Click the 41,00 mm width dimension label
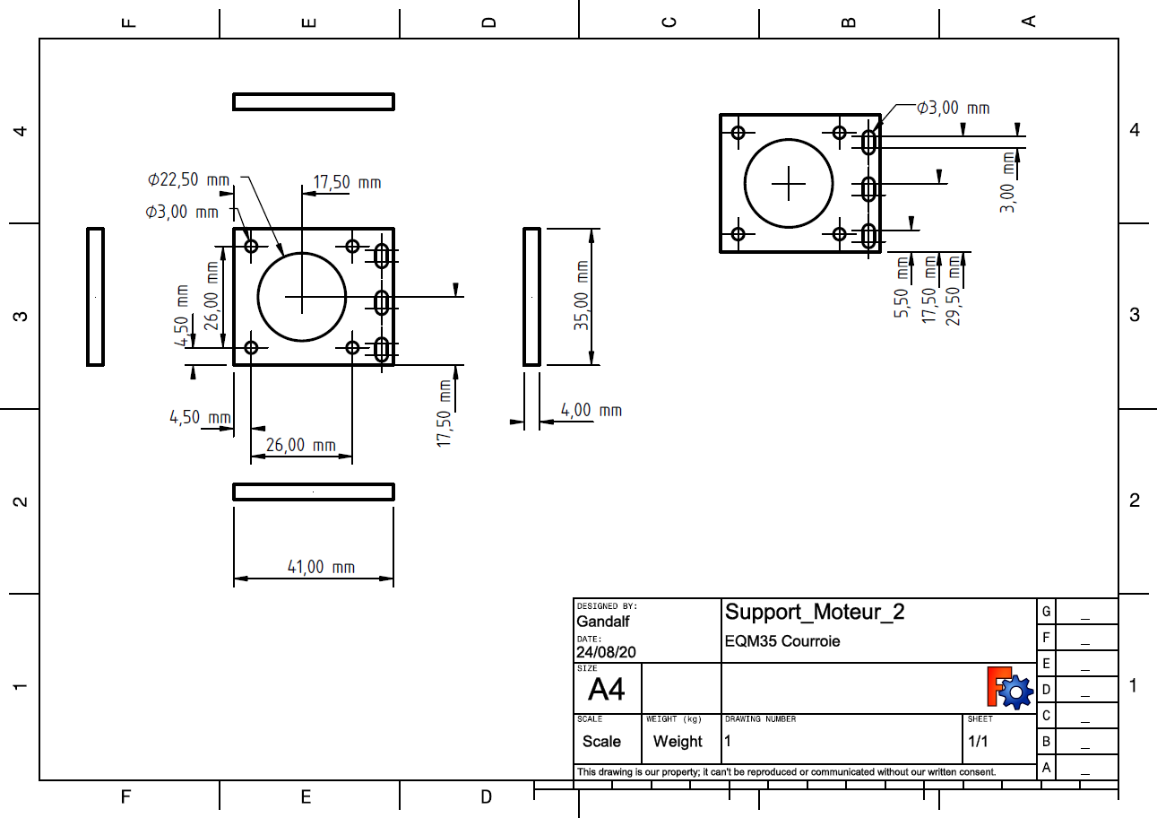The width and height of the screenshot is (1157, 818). coord(321,567)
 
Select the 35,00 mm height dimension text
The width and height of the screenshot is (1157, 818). coord(582,296)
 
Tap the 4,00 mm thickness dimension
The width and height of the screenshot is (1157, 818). coord(591,410)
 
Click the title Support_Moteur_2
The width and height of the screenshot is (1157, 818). coord(815,613)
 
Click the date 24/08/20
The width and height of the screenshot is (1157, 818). coord(606,653)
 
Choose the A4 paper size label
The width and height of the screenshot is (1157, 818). coord(607,690)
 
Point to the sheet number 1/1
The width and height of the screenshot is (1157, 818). coord(979,742)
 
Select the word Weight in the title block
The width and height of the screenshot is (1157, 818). coord(678,742)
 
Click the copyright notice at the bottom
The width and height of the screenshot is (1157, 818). coord(786,771)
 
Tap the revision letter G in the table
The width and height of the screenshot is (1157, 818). coord(1046,612)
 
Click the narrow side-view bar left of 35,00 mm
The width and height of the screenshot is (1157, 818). coord(531,297)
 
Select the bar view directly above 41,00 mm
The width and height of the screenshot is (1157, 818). coord(314,492)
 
